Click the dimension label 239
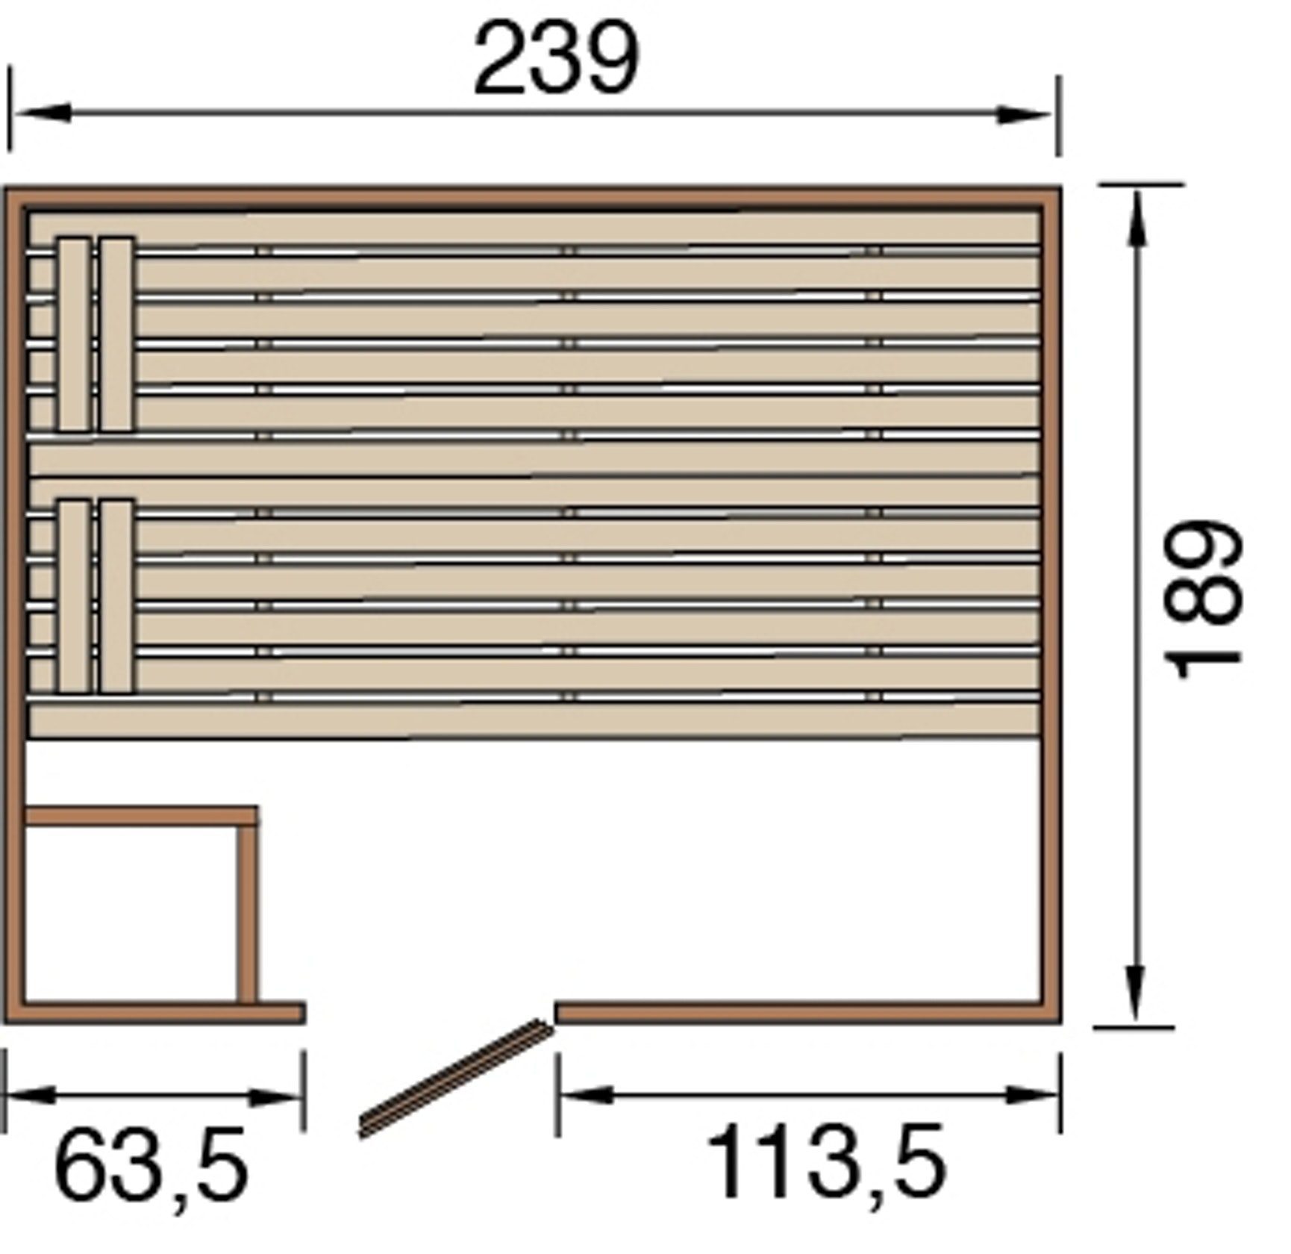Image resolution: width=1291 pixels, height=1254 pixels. point(557,57)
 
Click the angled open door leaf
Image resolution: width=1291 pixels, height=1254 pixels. point(456,1078)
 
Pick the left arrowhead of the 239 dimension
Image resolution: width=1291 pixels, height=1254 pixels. point(43,113)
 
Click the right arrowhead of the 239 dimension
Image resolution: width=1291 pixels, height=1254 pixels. point(1024,115)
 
